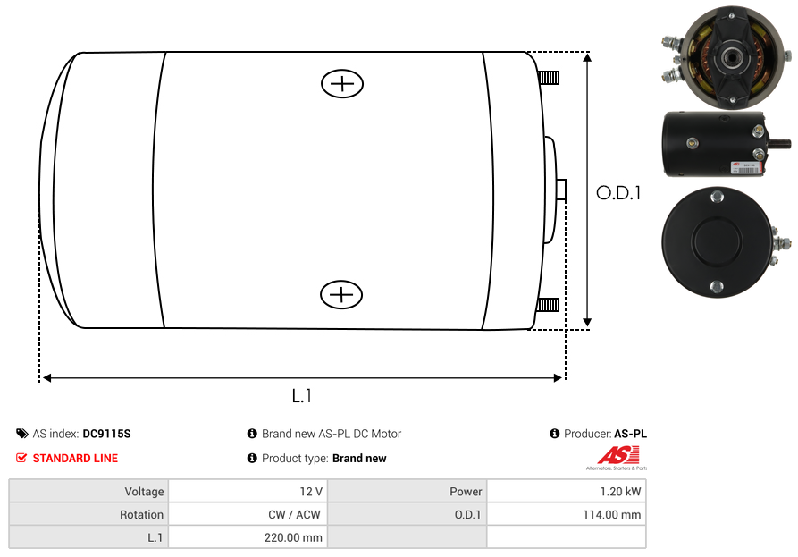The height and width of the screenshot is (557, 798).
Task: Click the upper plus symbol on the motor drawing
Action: [342, 84]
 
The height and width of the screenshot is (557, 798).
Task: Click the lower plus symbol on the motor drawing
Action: [341, 295]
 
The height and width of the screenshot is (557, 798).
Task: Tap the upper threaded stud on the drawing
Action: [549, 78]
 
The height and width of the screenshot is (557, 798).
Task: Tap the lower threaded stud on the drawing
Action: [548, 305]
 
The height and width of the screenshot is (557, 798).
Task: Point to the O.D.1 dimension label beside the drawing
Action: [618, 193]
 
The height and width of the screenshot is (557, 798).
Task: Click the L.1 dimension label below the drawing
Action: [302, 395]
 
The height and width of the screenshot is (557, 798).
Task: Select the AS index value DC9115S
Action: [106, 434]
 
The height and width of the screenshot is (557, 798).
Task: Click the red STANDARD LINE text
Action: [75, 459]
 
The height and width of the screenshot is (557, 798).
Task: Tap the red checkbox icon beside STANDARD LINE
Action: [21, 458]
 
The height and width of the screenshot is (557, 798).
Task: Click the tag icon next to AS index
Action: [21, 434]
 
